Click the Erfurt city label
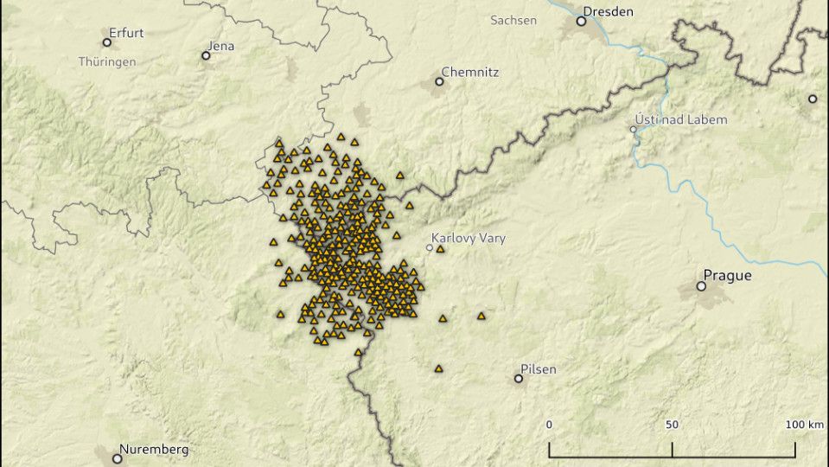(126, 33)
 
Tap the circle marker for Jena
(206, 55)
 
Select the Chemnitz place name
(469, 72)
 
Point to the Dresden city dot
(581, 21)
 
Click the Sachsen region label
(513, 20)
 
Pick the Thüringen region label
(106, 62)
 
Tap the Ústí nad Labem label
(681, 119)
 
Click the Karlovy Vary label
(469, 238)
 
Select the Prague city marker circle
(702, 285)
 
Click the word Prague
(727, 276)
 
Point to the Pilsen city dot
(519, 378)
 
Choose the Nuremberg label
(153, 449)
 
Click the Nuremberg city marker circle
(118, 458)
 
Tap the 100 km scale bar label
(805, 425)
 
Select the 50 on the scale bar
(672, 425)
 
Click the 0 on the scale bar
(549, 425)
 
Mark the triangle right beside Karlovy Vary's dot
(440, 249)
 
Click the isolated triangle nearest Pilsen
(438, 368)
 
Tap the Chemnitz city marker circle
(439, 81)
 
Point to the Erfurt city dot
(107, 42)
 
